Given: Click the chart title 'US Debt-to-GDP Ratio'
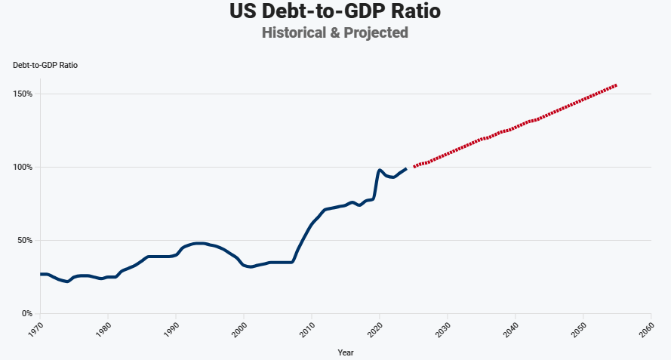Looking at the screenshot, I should click(x=335, y=12).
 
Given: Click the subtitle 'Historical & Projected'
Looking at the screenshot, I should click(x=335, y=32).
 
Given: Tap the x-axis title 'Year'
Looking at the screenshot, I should click(x=346, y=352).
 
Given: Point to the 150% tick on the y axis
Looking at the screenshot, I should click(x=23, y=94).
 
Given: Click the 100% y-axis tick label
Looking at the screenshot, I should click(x=23, y=168).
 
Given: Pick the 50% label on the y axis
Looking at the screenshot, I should click(x=24, y=241).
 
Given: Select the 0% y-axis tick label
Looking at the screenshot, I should click(x=26, y=314).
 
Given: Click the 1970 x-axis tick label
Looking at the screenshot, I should click(x=34, y=329).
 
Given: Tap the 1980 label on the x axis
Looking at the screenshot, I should click(x=102, y=329).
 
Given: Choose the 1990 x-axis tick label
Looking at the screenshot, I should click(x=170, y=329).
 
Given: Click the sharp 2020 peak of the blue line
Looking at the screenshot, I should click(x=380, y=171).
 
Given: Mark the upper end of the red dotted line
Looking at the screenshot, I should click(x=616, y=85).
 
